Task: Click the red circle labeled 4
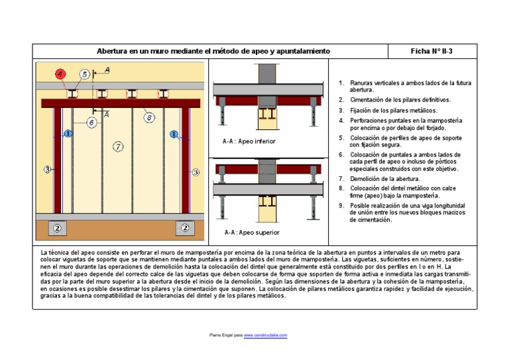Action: coord(60,74)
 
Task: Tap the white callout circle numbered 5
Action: coord(85,74)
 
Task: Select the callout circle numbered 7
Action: coord(118,147)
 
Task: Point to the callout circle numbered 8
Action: coord(149,117)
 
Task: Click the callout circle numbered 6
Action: coord(91,123)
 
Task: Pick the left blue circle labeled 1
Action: coord(68,134)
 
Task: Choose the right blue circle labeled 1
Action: coord(174,134)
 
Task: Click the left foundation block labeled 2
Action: coord(57,228)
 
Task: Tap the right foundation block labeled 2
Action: coord(185,228)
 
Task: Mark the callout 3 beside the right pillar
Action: coord(196,172)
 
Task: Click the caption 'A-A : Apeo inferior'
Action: coord(249,141)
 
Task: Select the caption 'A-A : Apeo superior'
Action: coord(252,233)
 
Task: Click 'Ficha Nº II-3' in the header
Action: coord(431,51)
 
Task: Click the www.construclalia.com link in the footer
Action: coord(265,336)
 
